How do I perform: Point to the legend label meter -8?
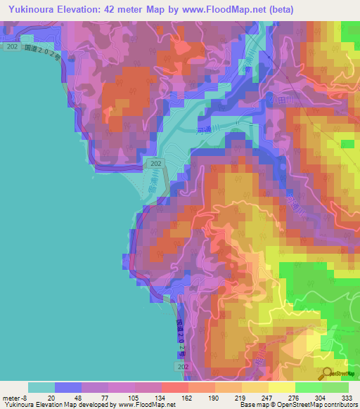tap(16, 397)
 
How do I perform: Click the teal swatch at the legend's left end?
tap(41, 387)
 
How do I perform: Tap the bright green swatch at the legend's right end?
tap(335, 387)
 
